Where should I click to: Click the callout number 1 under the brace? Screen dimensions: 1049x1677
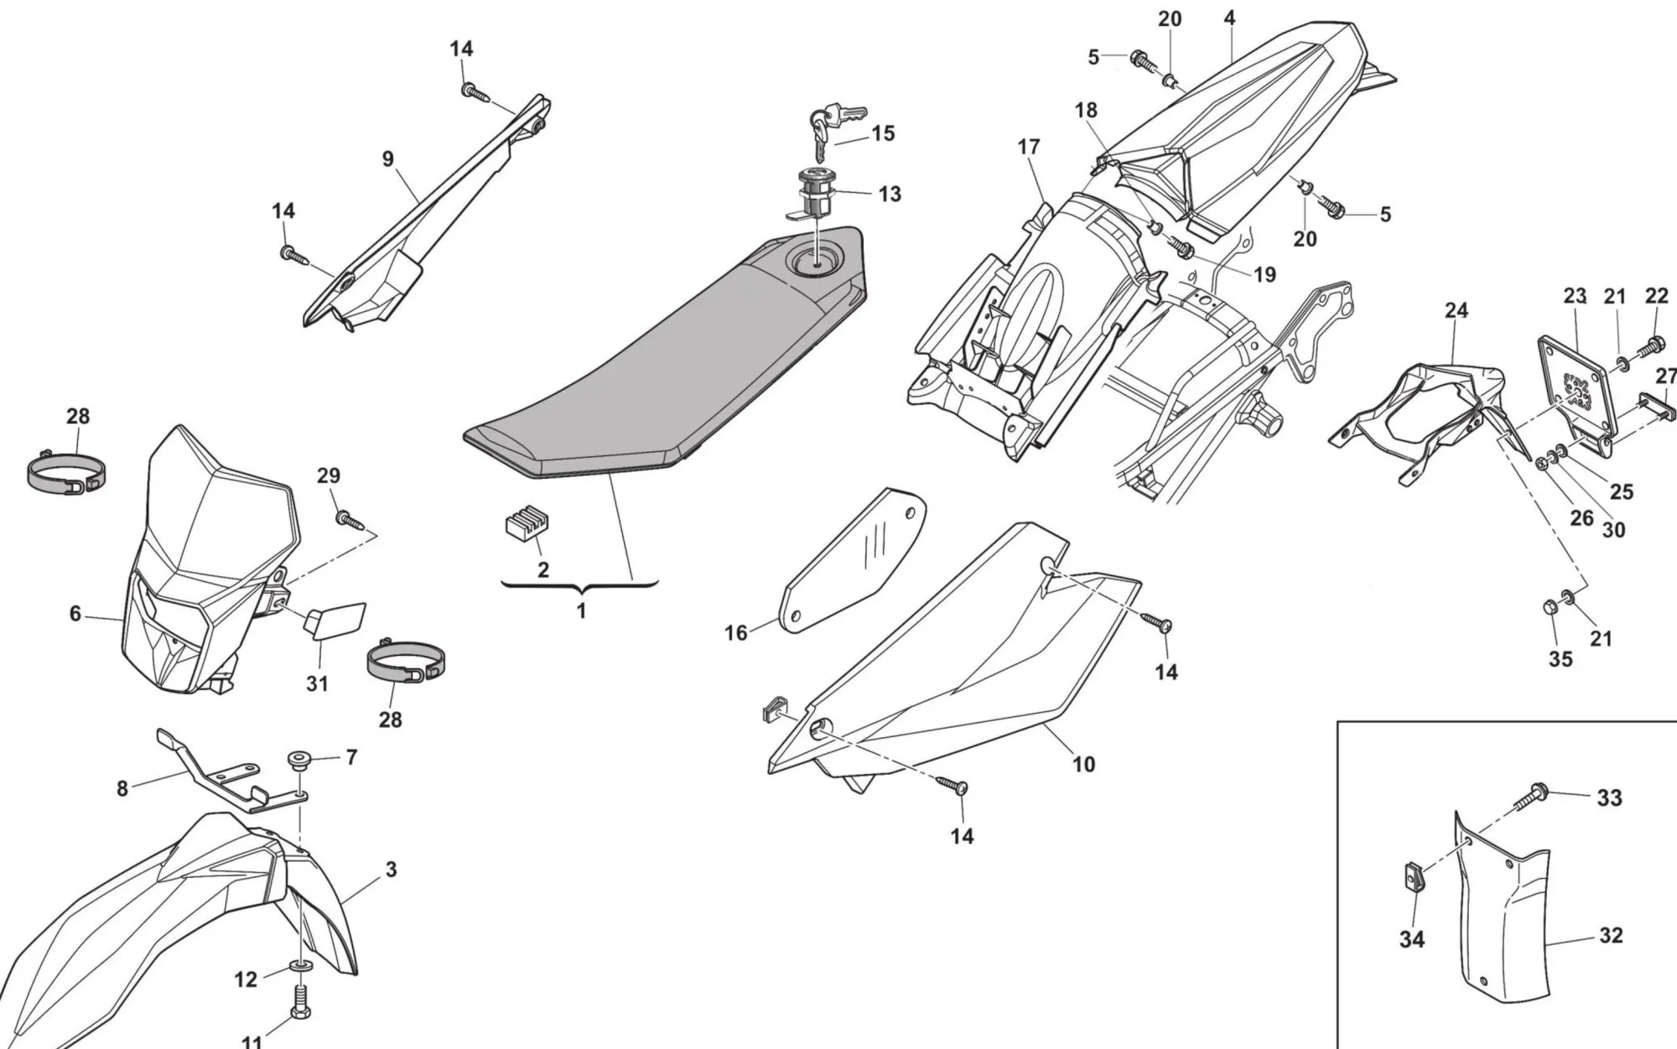(x=581, y=611)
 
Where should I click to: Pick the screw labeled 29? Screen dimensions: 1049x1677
(x=348, y=521)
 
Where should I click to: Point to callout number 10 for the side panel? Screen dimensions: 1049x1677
(x=1083, y=764)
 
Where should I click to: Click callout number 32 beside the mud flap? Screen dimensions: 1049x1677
(x=1611, y=936)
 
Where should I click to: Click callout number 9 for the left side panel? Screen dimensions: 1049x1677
(x=387, y=159)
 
